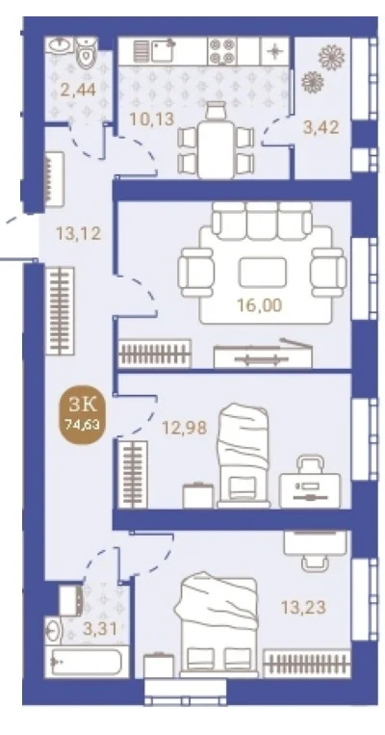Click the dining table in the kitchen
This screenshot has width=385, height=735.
217,149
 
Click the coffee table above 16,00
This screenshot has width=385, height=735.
263,273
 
